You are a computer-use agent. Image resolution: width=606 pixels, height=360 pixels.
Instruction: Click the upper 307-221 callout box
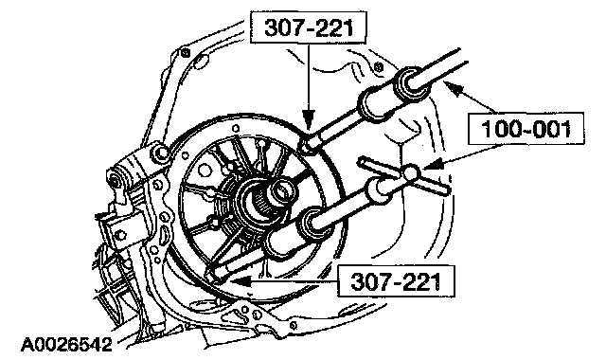pyautogui.click(x=308, y=27)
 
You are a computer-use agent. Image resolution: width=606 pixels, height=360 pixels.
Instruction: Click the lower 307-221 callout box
pyautogui.click(x=396, y=281)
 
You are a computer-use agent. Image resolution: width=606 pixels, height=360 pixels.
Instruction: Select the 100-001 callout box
pyautogui.click(x=526, y=129)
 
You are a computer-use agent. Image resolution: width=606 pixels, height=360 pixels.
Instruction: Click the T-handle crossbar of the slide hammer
pyautogui.click(x=404, y=174)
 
